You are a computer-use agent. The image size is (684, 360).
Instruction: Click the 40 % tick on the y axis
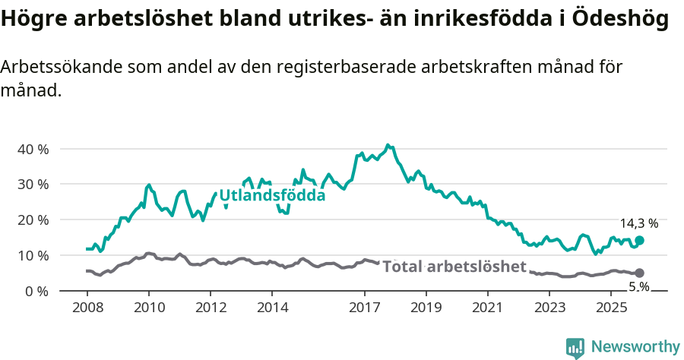pyautogui.click(x=33, y=149)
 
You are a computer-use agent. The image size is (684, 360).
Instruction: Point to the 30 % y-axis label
pyautogui.click(x=33, y=185)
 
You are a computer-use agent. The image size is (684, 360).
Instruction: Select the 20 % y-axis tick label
pyautogui.click(x=33, y=220)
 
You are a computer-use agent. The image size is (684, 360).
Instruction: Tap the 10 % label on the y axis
pyautogui.click(x=33, y=256)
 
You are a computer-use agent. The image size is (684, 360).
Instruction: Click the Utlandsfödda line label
pyautogui.click(x=272, y=196)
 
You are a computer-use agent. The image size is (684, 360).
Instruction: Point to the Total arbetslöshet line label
pyautogui.click(x=454, y=267)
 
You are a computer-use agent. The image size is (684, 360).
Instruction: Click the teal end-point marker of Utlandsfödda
pyautogui.click(x=639, y=240)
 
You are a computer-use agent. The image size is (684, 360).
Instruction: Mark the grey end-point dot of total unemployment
pyautogui.click(x=639, y=273)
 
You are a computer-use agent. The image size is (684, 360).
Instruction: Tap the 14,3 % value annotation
pyautogui.click(x=638, y=224)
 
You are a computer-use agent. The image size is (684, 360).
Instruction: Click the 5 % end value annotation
pyautogui.click(x=638, y=286)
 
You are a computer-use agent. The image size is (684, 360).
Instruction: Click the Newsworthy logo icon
pyautogui.click(x=575, y=347)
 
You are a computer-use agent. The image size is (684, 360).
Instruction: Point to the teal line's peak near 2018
pyautogui.click(x=388, y=144)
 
